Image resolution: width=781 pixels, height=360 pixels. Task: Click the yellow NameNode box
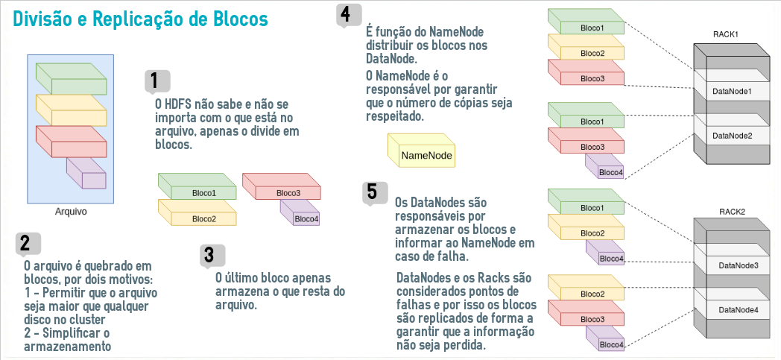pyautogui.click(x=421, y=151)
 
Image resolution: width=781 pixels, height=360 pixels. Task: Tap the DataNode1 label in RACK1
pyautogui.click(x=732, y=92)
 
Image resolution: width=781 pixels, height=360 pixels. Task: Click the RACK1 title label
pyautogui.click(x=725, y=34)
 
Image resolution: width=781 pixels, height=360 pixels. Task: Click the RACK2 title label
pyautogui.click(x=732, y=212)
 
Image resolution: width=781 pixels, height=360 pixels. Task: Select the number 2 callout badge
pyautogui.click(x=28, y=244)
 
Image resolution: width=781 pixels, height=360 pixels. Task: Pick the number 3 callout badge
pyautogui.click(x=212, y=256)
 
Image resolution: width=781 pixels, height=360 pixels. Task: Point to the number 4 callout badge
pyautogui.click(x=350, y=15)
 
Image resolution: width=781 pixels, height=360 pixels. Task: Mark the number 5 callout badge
pyautogui.click(x=375, y=194)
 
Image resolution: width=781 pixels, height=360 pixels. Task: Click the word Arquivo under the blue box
pyautogui.click(x=71, y=212)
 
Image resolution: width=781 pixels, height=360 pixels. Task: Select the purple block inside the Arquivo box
pyautogui.click(x=86, y=173)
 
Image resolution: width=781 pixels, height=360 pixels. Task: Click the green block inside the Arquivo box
pyautogui.click(x=72, y=79)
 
